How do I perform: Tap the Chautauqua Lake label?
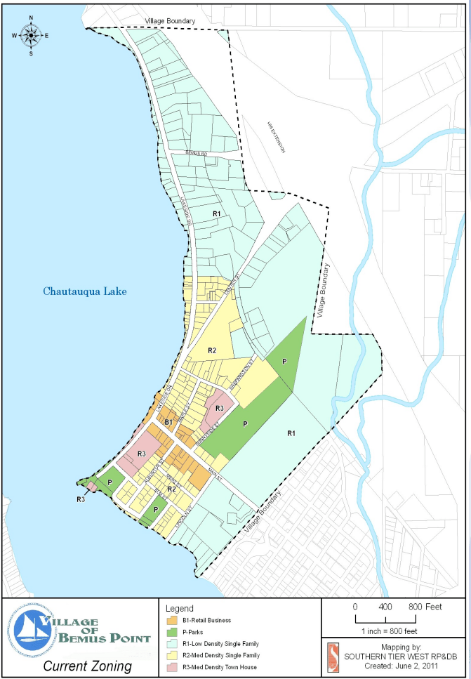click(84, 291)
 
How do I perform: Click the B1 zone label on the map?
click(168, 422)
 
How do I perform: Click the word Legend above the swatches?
click(180, 608)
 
